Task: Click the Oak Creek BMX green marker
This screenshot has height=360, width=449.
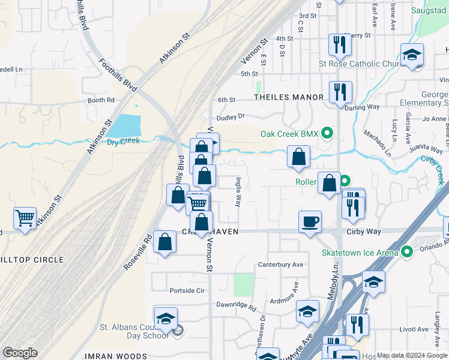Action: click(327, 133)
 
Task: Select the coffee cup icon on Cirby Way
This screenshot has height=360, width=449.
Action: click(310, 221)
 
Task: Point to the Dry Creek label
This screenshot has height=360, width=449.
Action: click(123, 141)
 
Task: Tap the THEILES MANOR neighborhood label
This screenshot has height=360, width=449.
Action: click(289, 97)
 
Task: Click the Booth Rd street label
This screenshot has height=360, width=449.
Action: click(100, 100)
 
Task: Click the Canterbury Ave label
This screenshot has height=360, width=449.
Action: click(280, 264)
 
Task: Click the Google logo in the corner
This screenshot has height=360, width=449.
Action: click(20, 353)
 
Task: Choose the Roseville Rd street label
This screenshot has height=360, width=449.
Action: click(138, 251)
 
